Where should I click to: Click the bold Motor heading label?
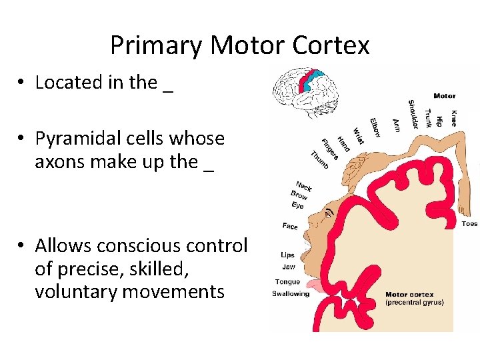point(444,96)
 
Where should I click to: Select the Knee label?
point(453,119)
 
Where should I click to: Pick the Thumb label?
point(319,161)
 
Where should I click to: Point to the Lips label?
point(287,255)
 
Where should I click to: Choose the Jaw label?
point(288,267)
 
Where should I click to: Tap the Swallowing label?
point(291,294)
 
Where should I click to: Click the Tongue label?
point(287,281)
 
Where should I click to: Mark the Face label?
point(290,227)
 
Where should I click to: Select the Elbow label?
point(374,127)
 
